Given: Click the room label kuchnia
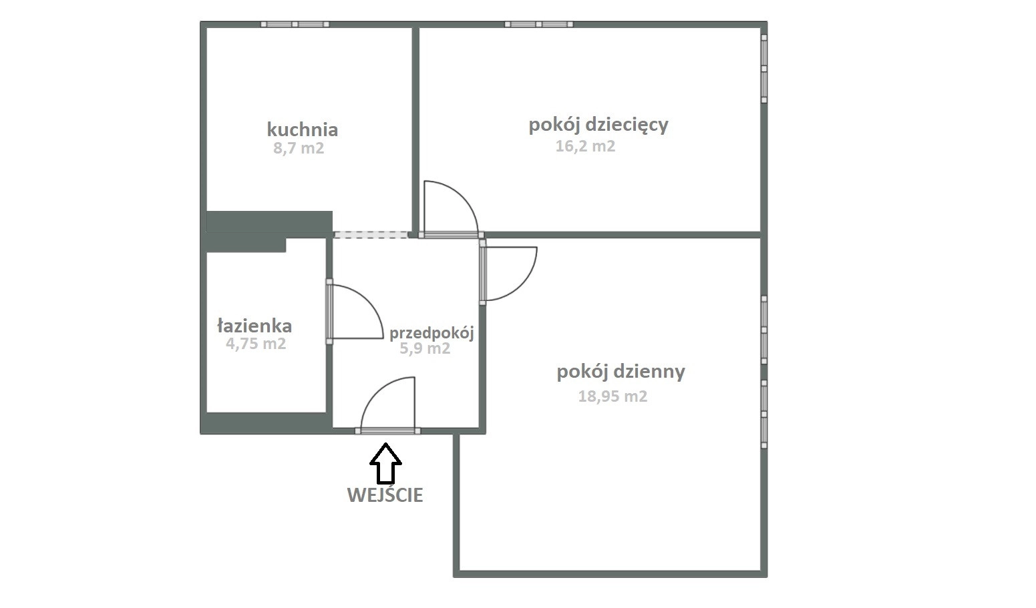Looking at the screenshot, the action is click(x=303, y=129).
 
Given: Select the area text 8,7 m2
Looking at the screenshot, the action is click(x=299, y=148).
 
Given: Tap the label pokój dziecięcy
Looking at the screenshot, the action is click(x=598, y=125).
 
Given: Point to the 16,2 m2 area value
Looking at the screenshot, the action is click(x=585, y=146).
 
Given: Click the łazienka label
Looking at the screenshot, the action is click(x=254, y=326).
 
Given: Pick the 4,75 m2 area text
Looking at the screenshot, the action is click(x=256, y=344).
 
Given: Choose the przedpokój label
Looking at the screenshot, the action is click(x=432, y=333).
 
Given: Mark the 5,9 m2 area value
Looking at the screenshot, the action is click(x=425, y=348).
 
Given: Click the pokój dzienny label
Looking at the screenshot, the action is click(x=621, y=372).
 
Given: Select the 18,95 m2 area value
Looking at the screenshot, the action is click(x=613, y=396).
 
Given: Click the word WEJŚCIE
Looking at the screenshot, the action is click(x=385, y=495).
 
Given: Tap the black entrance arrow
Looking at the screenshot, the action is click(x=385, y=463).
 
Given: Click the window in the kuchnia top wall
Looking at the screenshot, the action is click(x=295, y=24).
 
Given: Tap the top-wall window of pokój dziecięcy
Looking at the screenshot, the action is click(x=539, y=24).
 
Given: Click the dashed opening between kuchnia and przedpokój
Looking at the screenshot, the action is click(x=371, y=235).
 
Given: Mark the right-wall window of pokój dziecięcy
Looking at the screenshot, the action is click(x=764, y=68).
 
